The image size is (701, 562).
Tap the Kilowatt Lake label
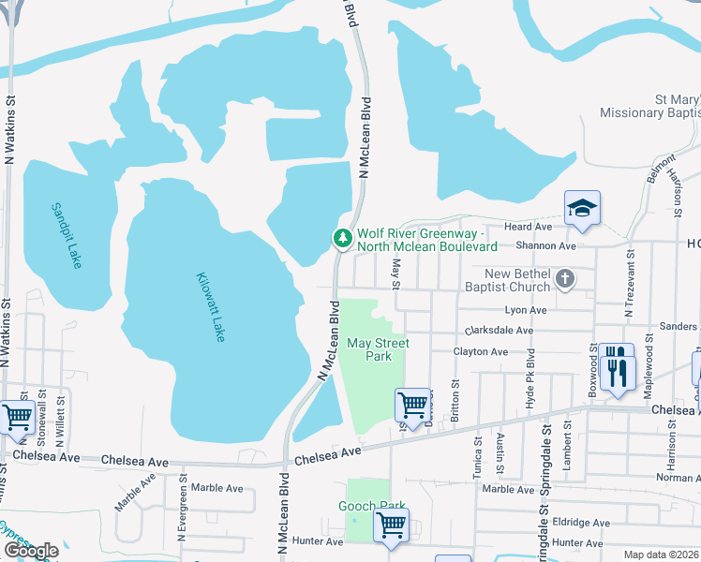point(211,306)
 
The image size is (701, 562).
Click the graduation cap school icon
point(582,209)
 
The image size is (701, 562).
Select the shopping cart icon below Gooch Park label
point(391,525)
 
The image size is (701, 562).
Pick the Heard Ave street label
point(529,228)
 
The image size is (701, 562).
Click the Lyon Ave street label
point(525,310)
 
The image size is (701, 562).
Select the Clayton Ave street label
point(481,352)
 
